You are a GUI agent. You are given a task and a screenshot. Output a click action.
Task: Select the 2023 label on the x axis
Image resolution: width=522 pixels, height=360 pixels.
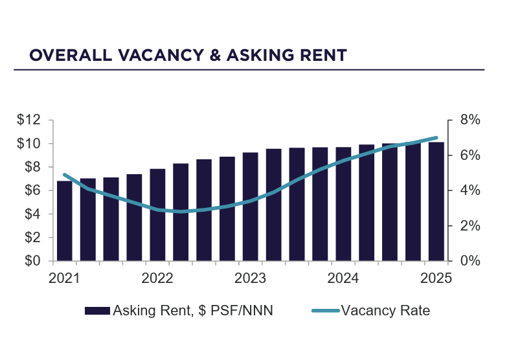[x=250, y=278]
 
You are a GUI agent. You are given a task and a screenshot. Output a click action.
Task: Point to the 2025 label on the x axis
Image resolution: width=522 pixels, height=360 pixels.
[x=436, y=278]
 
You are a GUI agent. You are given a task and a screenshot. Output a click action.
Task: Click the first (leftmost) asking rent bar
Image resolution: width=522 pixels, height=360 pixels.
[x=65, y=221]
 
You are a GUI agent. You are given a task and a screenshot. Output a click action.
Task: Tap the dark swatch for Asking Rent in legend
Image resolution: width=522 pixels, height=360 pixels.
[x=98, y=311]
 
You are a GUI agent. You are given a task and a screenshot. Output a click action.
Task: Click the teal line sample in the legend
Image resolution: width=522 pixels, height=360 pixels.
[x=325, y=311]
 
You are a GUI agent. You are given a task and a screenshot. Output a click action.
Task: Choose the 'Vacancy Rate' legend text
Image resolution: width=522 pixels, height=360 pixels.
[x=385, y=311]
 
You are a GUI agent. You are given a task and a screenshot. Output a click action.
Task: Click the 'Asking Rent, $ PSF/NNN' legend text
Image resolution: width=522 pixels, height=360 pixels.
[x=193, y=311]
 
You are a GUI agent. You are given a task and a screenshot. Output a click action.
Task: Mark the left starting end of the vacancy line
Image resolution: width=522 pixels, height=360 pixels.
[x=65, y=175]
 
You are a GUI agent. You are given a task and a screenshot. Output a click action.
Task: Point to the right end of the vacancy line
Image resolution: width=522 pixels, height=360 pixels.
[x=437, y=138]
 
